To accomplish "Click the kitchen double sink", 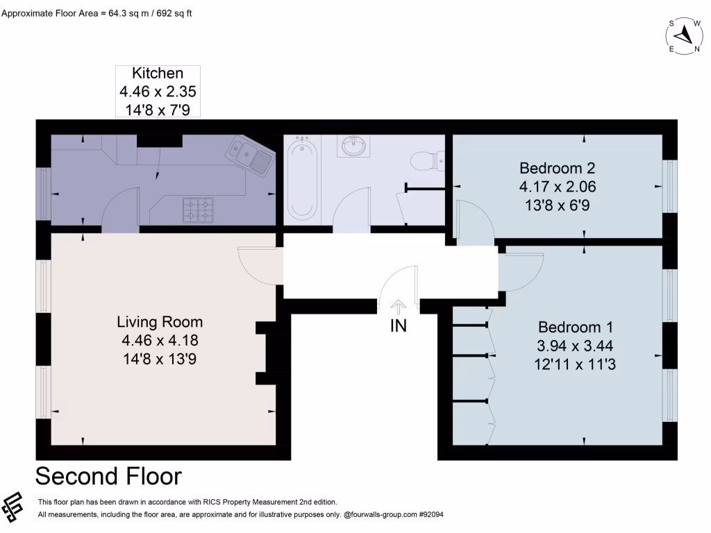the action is pos(250,155).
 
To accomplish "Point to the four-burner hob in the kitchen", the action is pos(198,210).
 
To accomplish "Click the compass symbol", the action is pos(684,36).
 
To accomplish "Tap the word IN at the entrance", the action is pos(399,326).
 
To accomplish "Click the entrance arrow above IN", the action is pos(399,307).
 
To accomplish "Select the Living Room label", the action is pos(160,322).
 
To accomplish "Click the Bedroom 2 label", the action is pos(558,168).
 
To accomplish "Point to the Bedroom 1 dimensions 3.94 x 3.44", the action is pos(575,346).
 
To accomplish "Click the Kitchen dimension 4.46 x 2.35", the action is pos(158,92).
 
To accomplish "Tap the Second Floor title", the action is pos(108,476).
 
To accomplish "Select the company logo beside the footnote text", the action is pos(12,507).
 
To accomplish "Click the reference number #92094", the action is pos(430,514).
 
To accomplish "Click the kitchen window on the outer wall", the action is pos(44,194).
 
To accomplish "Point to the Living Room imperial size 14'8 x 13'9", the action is pos(160,359).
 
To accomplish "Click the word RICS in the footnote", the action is pos(211,502).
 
